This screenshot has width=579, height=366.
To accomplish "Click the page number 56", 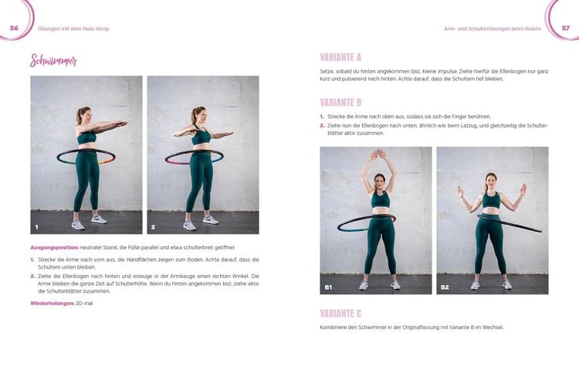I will [13, 28].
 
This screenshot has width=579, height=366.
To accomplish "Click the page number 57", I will [565, 28].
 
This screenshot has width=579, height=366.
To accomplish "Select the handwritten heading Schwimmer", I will [53, 62].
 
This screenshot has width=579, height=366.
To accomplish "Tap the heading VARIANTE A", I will [340, 57].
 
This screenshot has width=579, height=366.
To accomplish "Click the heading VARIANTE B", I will [340, 102].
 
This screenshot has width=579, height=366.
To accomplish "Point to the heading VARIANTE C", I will [340, 313].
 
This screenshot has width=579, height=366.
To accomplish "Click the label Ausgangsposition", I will [52, 246].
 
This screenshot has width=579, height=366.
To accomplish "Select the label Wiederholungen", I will [52, 303].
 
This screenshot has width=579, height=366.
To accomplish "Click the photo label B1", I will [328, 287].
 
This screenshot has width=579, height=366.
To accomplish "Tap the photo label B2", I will [445, 287].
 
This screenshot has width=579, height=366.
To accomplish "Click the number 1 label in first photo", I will [36, 227].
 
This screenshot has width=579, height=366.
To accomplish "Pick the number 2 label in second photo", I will [153, 227].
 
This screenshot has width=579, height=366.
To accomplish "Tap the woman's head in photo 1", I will [83, 116].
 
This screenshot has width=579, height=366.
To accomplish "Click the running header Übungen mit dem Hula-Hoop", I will [73, 29].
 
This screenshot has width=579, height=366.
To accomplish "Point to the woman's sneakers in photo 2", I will [199, 222].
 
